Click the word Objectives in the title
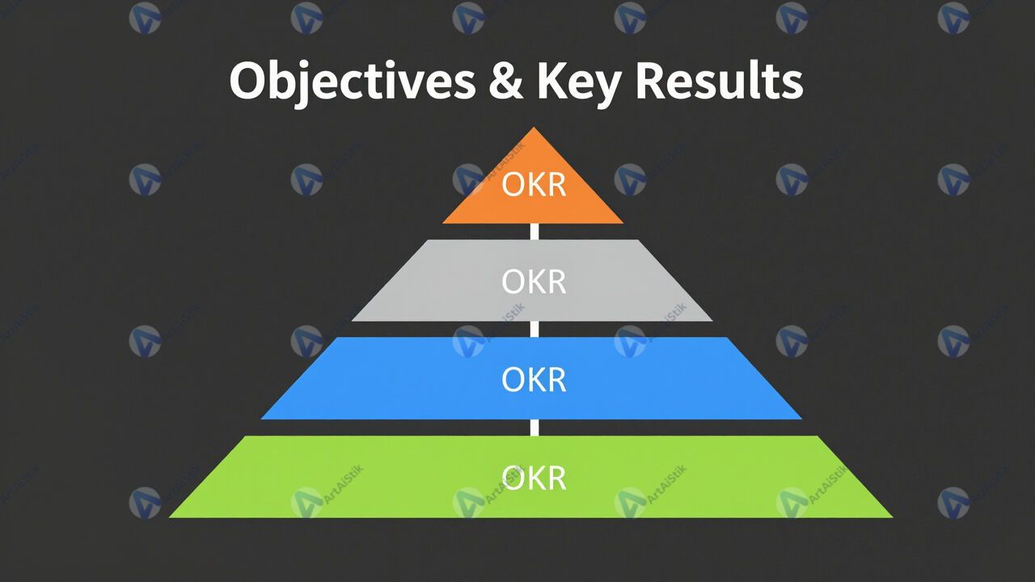point(352,82)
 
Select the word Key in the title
point(578,84)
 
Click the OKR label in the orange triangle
point(534,185)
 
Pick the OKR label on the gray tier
point(534,282)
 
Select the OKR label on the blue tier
point(534,380)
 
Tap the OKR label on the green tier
point(534,478)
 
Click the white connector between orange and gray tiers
point(534,231)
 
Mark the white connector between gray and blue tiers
point(534,329)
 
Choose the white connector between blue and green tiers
point(534,428)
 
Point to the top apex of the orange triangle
point(534,128)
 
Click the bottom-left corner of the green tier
point(170,517)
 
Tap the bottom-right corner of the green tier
point(893,517)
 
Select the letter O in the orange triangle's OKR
point(513,185)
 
